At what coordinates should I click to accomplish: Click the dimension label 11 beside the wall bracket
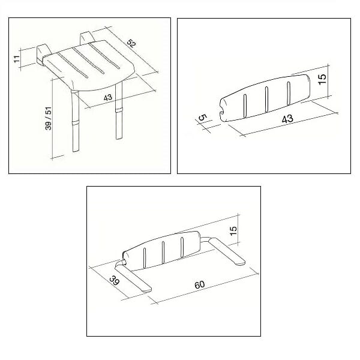pyautogui.click(x=17, y=59)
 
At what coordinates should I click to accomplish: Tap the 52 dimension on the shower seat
pyautogui.click(x=131, y=43)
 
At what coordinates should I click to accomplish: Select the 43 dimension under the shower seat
pyautogui.click(x=107, y=97)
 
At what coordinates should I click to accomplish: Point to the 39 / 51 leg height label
pyautogui.click(x=49, y=119)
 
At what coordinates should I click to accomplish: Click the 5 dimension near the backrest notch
pyautogui.click(x=202, y=118)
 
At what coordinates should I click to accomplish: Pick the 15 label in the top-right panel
pyautogui.click(x=322, y=79)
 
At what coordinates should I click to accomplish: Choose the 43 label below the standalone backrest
pyautogui.click(x=287, y=119)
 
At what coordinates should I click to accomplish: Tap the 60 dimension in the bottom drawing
pyautogui.click(x=199, y=284)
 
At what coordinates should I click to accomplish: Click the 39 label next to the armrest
pyautogui.click(x=114, y=280)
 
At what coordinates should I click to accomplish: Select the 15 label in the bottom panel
pyautogui.click(x=233, y=231)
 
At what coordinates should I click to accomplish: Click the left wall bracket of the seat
pyautogui.click(x=43, y=54)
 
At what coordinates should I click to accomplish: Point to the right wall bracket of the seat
pyautogui.click(x=86, y=38)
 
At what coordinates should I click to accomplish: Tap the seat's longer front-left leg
pyautogui.click(x=76, y=121)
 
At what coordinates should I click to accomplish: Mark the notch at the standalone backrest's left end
pyautogui.click(x=222, y=110)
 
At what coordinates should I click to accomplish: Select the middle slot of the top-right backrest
pyautogui.click(x=266, y=100)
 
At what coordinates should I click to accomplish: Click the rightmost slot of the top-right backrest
pyautogui.click(x=289, y=94)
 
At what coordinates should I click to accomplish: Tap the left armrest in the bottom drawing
pyautogui.click(x=133, y=278)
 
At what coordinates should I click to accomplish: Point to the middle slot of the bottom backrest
pyautogui.click(x=163, y=253)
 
